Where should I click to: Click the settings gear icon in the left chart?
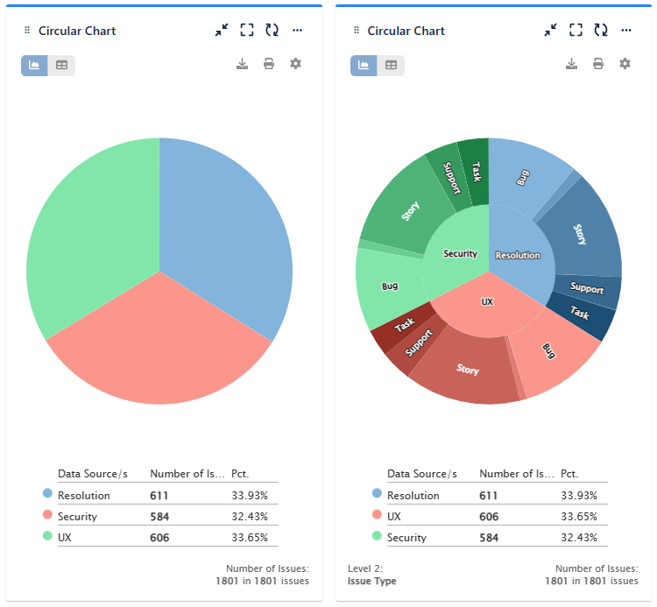(x=295, y=64)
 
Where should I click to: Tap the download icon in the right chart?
(x=571, y=64)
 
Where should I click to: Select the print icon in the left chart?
(x=269, y=64)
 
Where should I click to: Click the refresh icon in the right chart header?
(x=601, y=31)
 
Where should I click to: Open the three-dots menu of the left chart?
(x=297, y=31)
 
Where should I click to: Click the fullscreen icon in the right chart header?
(x=576, y=31)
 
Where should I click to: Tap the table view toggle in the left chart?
(x=61, y=65)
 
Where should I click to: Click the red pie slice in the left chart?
(x=159, y=350)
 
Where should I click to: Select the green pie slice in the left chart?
(x=88, y=228)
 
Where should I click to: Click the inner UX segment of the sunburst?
(x=488, y=307)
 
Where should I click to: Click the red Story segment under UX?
(x=467, y=371)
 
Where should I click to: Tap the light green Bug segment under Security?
(x=388, y=287)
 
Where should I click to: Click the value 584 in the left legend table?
(x=159, y=517)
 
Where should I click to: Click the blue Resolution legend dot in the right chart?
(x=377, y=494)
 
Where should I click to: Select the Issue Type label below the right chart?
(x=372, y=582)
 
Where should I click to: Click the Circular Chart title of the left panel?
(x=77, y=31)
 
